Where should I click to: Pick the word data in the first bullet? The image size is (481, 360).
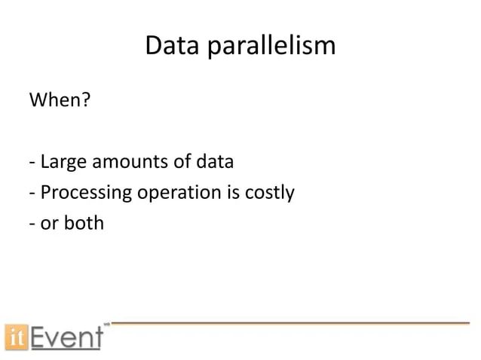click(214, 162)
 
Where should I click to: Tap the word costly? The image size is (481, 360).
click(269, 193)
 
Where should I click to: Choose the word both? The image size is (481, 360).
click(84, 224)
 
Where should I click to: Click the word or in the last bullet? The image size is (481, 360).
click(49, 224)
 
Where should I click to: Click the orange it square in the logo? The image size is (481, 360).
click(15, 335)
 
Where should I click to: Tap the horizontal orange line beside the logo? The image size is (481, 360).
click(290, 323)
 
